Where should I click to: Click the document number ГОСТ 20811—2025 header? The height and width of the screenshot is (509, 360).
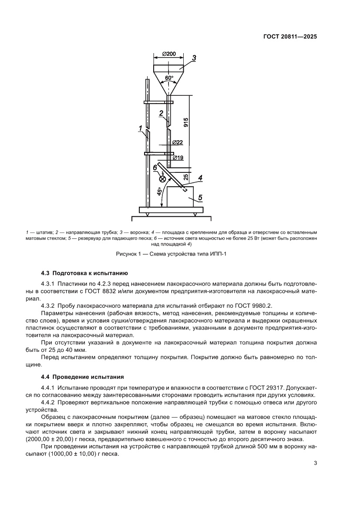(289, 37)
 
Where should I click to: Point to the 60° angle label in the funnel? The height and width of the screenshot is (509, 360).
(168, 78)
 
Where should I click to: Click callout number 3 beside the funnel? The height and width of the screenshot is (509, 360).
(194, 57)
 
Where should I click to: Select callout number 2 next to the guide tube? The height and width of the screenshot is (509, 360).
(161, 113)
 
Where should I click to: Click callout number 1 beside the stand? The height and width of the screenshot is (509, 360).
(140, 128)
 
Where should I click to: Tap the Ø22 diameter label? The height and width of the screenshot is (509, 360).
(177, 142)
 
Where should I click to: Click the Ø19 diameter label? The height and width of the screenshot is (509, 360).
(178, 158)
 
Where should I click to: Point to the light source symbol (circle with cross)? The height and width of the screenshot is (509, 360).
(163, 178)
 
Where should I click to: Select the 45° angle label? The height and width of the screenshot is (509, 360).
(159, 191)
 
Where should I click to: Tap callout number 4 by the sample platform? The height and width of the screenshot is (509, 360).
(200, 178)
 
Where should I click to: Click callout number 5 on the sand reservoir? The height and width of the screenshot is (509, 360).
(200, 198)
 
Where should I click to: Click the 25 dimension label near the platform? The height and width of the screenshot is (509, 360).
(186, 176)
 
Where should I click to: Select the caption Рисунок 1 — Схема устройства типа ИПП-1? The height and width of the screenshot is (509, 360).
(171, 255)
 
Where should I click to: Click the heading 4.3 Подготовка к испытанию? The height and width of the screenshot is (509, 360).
(84, 273)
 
